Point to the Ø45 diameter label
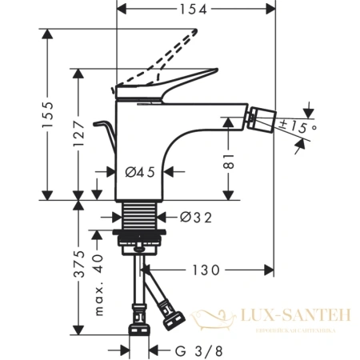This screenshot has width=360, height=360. click(x=140, y=171)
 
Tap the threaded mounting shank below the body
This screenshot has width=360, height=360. click(x=142, y=217)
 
